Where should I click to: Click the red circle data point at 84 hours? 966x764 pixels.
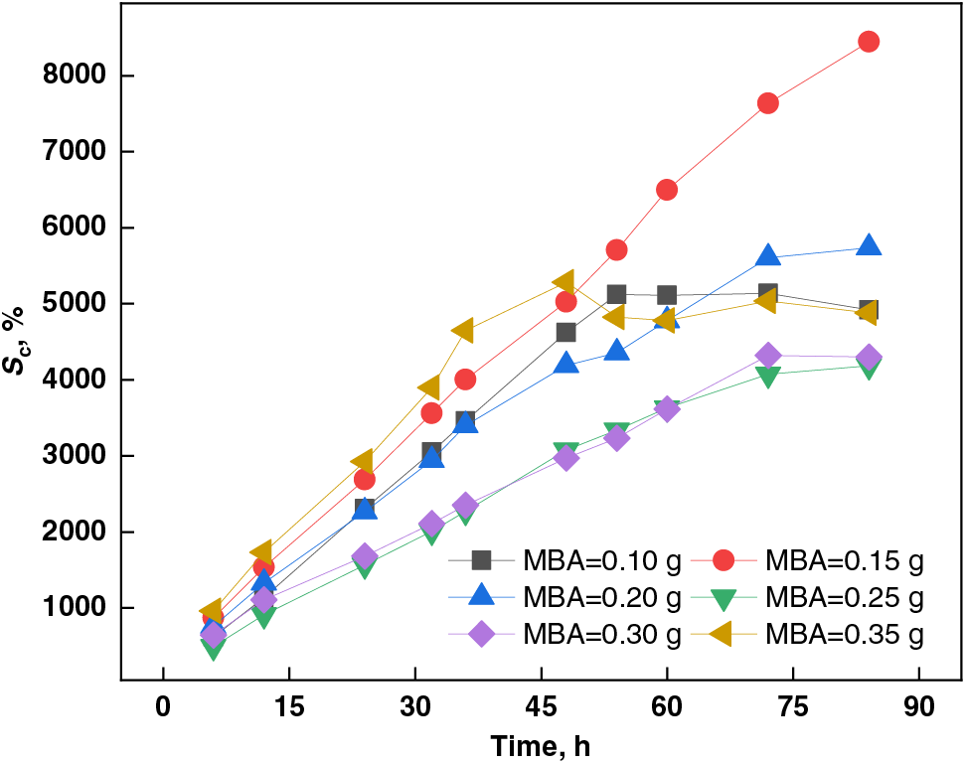pos(868,42)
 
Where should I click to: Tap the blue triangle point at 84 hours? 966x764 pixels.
pos(868,246)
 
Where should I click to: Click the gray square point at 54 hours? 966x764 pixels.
pos(616,294)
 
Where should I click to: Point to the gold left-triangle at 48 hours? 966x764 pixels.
pos(565,283)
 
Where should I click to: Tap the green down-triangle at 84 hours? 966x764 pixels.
pos(868,368)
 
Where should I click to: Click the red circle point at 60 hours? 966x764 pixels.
pos(667,190)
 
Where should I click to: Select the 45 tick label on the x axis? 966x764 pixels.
pos(540,709)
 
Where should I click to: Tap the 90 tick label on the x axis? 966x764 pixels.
pos(918,709)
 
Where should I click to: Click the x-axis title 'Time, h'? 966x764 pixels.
pos(541,745)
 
